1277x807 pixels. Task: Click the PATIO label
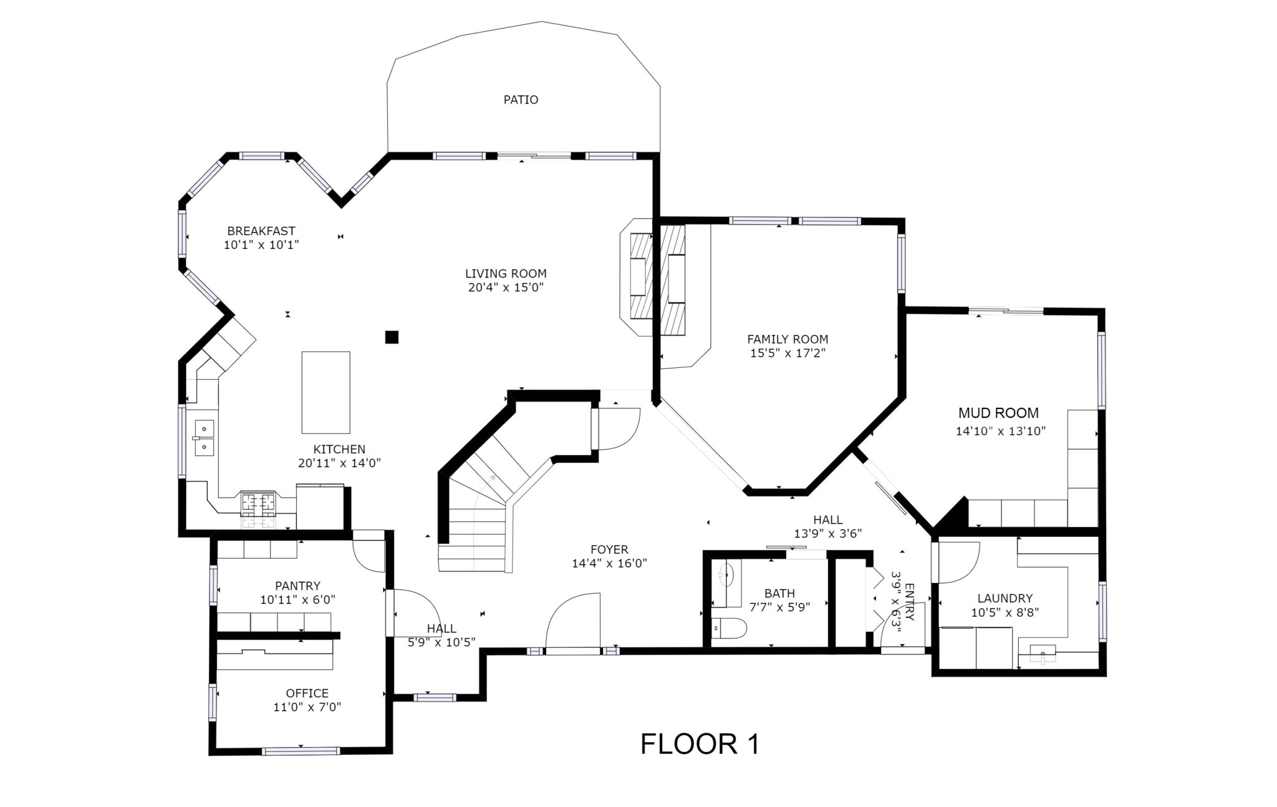pyautogui.click(x=521, y=100)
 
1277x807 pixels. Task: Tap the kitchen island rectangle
pyautogui.click(x=325, y=392)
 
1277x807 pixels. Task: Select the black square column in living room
pyautogui.click(x=392, y=337)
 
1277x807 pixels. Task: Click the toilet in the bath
pyautogui.click(x=730, y=629)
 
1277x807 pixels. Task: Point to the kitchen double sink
pyautogui.click(x=204, y=438)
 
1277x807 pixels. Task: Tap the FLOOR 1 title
pyautogui.click(x=700, y=744)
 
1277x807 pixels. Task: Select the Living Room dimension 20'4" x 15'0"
pyautogui.click(x=506, y=288)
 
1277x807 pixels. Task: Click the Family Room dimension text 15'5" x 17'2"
pyautogui.click(x=788, y=354)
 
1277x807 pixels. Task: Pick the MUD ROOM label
pyautogui.click(x=998, y=413)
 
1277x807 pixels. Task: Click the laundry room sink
pyautogui.click(x=1042, y=654)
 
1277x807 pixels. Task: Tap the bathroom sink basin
pyautogui.click(x=725, y=574)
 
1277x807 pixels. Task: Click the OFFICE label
pyautogui.click(x=307, y=693)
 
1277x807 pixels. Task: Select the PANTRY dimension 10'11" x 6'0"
pyautogui.click(x=298, y=600)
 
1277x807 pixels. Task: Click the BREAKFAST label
pyautogui.click(x=261, y=231)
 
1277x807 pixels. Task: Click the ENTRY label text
pyautogui.click(x=909, y=602)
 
